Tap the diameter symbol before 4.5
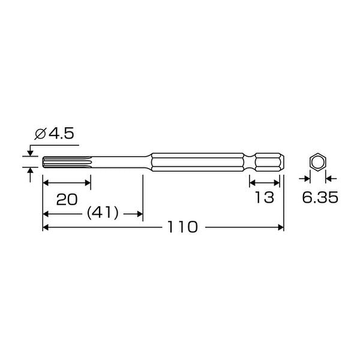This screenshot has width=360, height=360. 40,134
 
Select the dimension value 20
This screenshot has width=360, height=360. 67,199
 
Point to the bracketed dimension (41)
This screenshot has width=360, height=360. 103,213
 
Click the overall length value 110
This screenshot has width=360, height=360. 183,227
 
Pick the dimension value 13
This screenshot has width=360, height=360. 265,197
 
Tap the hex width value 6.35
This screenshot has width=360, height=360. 320,197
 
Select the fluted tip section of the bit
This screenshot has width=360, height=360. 67,163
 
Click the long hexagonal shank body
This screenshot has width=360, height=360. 197,163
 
